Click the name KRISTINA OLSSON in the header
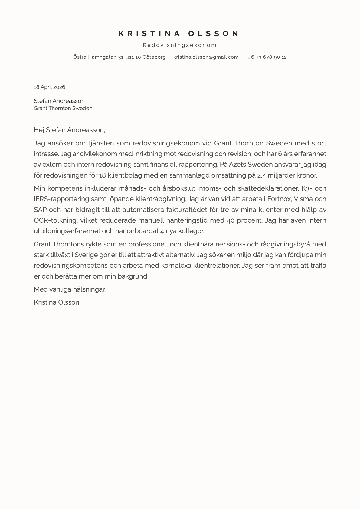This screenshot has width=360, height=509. point(179,34)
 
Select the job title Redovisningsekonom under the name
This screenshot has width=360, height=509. point(180,45)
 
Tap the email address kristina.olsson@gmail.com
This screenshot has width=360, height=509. point(206,57)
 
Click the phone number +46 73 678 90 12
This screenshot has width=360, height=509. point(266,57)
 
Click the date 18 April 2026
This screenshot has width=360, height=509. point(49,87)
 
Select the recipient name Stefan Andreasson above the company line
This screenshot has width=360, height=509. point(59,101)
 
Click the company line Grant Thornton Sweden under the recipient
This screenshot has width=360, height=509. point(63,108)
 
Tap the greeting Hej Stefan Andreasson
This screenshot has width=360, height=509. point(69,130)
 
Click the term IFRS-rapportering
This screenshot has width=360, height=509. point(62,199)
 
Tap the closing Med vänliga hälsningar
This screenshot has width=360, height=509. point(69,289)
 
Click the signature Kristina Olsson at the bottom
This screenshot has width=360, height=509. point(56,302)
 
